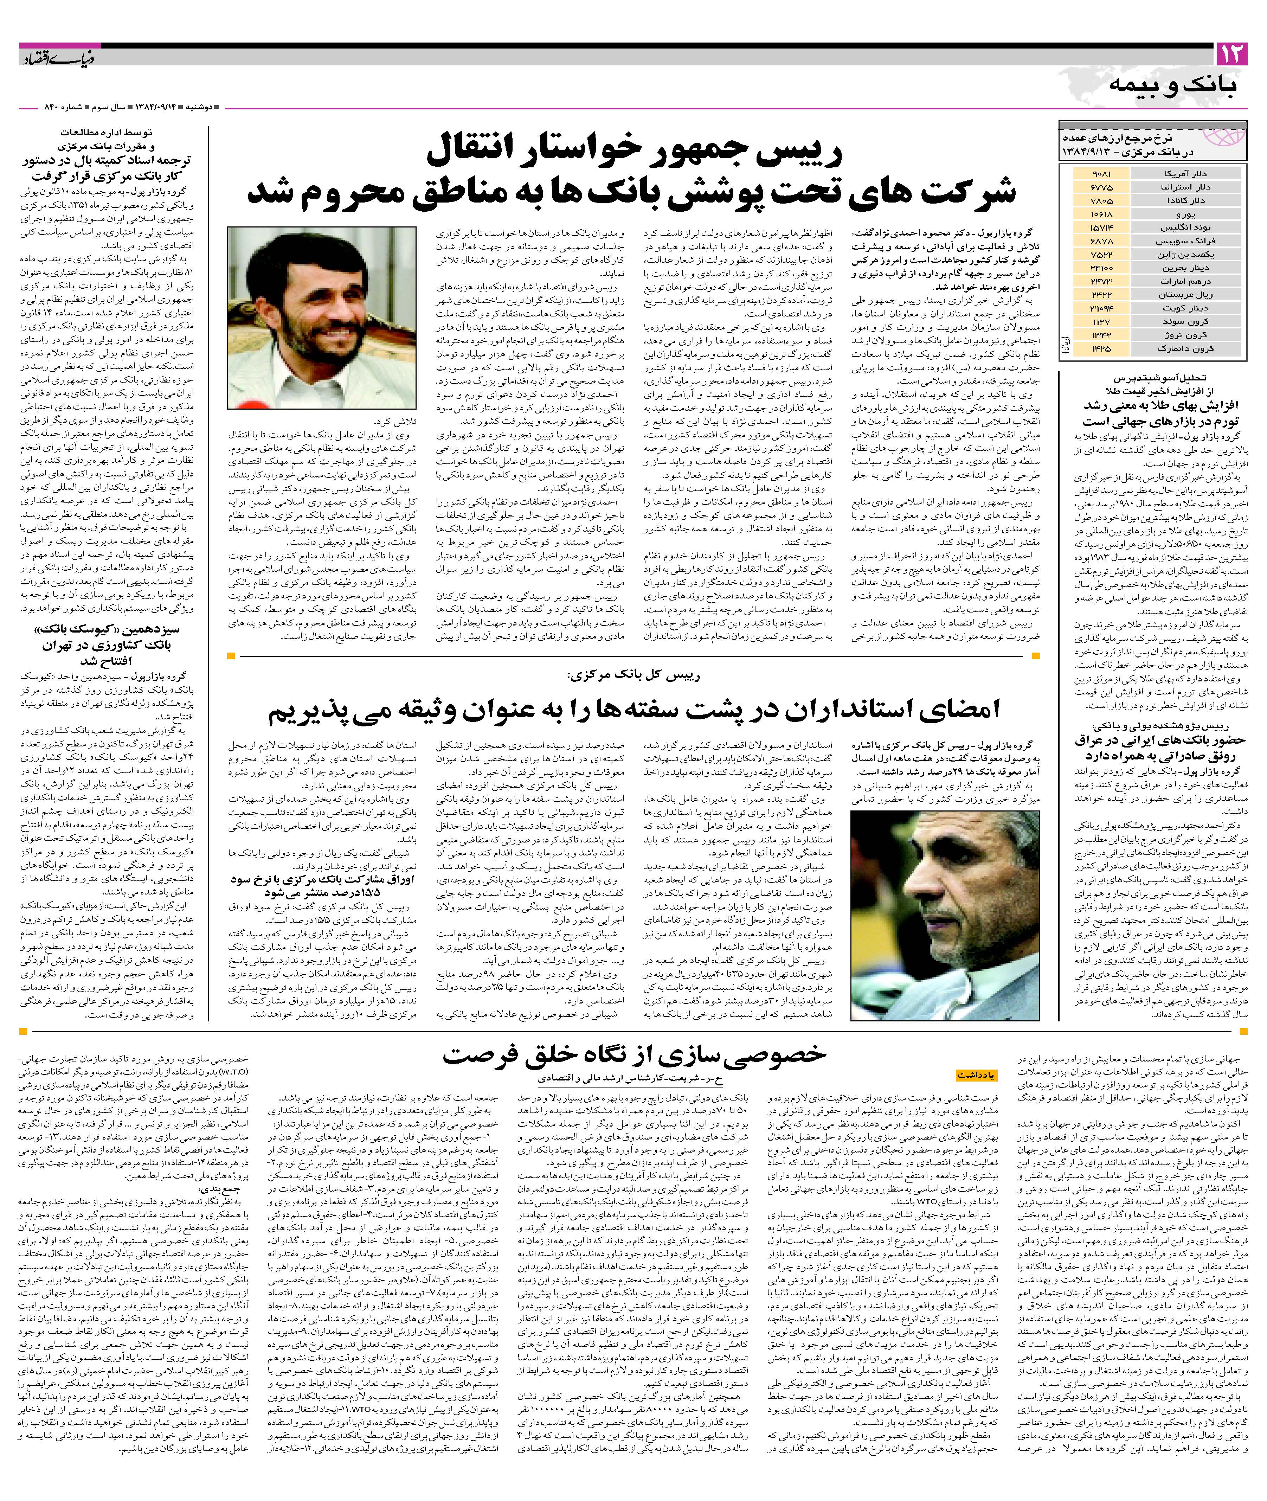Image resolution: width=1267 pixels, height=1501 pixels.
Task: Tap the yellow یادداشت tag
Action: coord(977,1075)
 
